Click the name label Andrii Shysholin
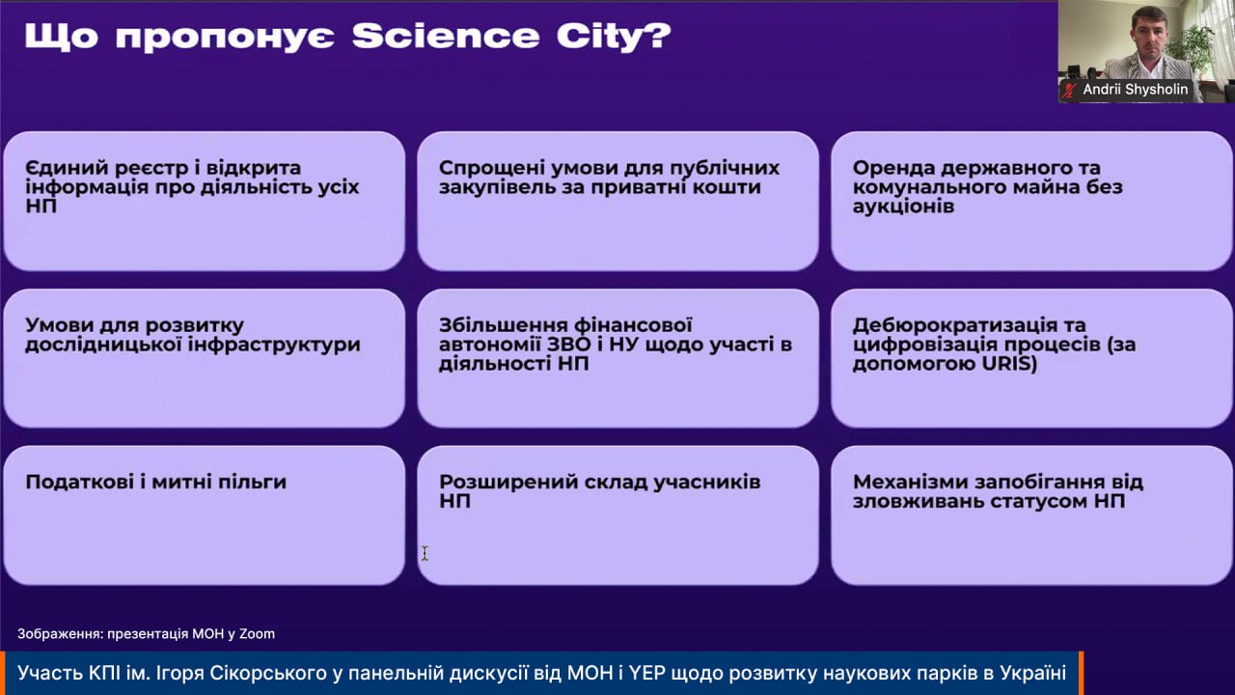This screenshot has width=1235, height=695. pyautogui.click(x=1136, y=89)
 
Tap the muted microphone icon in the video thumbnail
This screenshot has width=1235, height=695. pyautogui.click(x=1070, y=90)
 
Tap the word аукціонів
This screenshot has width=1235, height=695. pyautogui.click(x=904, y=207)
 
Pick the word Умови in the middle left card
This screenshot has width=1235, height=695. pyautogui.click(x=59, y=325)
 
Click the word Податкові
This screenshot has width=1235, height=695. pyautogui.click(x=79, y=483)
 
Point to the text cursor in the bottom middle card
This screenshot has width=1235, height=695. pyautogui.click(x=425, y=553)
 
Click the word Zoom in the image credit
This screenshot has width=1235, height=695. pyautogui.click(x=257, y=634)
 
